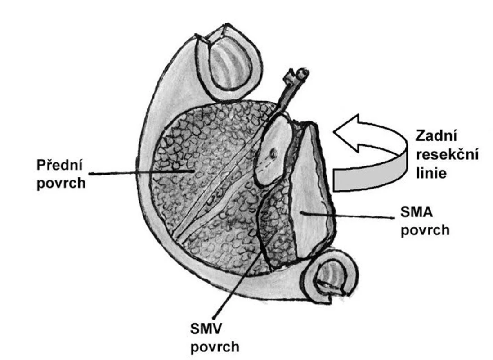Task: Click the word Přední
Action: [x=60, y=165]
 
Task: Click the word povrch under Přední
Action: [x=61, y=183]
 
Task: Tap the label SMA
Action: [x=417, y=212]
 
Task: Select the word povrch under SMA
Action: [x=425, y=230]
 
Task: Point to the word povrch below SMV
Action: [x=215, y=347]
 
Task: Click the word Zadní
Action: [x=436, y=136]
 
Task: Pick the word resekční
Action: [x=447, y=154]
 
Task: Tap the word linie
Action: [x=431, y=173]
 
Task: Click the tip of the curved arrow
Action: [x=334, y=131]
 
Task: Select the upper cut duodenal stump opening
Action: [x=228, y=61]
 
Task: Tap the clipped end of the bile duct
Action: [x=302, y=74]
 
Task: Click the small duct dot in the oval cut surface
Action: [x=273, y=154]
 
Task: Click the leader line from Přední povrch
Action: [x=142, y=172]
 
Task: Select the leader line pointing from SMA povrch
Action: [x=347, y=215]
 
